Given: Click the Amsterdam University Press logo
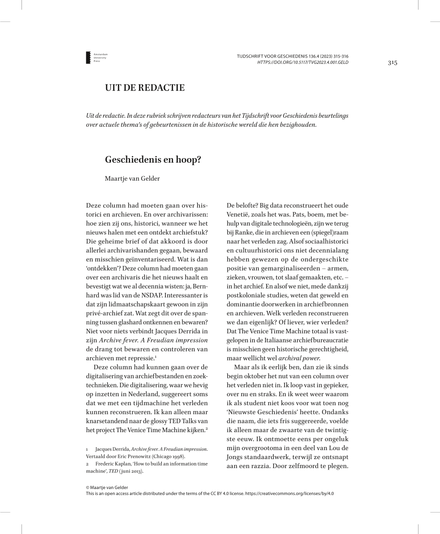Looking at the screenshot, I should pyautogui.click(x=89, y=57).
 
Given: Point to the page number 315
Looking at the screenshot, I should pyautogui.click(x=392, y=62).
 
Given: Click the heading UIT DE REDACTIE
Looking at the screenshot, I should pyautogui.click(x=144, y=88).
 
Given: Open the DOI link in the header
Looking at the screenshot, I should pyautogui.click(x=302, y=62).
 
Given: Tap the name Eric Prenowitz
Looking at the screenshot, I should pyautogui.click(x=134, y=457).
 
